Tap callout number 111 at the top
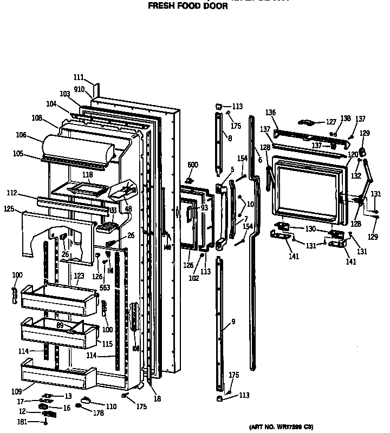[x=79, y=77]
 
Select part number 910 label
[x=79, y=89]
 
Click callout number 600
[x=193, y=165]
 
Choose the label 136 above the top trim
[x=271, y=113]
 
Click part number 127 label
[x=330, y=122]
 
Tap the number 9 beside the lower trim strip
[x=233, y=322]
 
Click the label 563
[x=105, y=288]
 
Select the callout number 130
[x=310, y=229]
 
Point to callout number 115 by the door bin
[x=107, y=344]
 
